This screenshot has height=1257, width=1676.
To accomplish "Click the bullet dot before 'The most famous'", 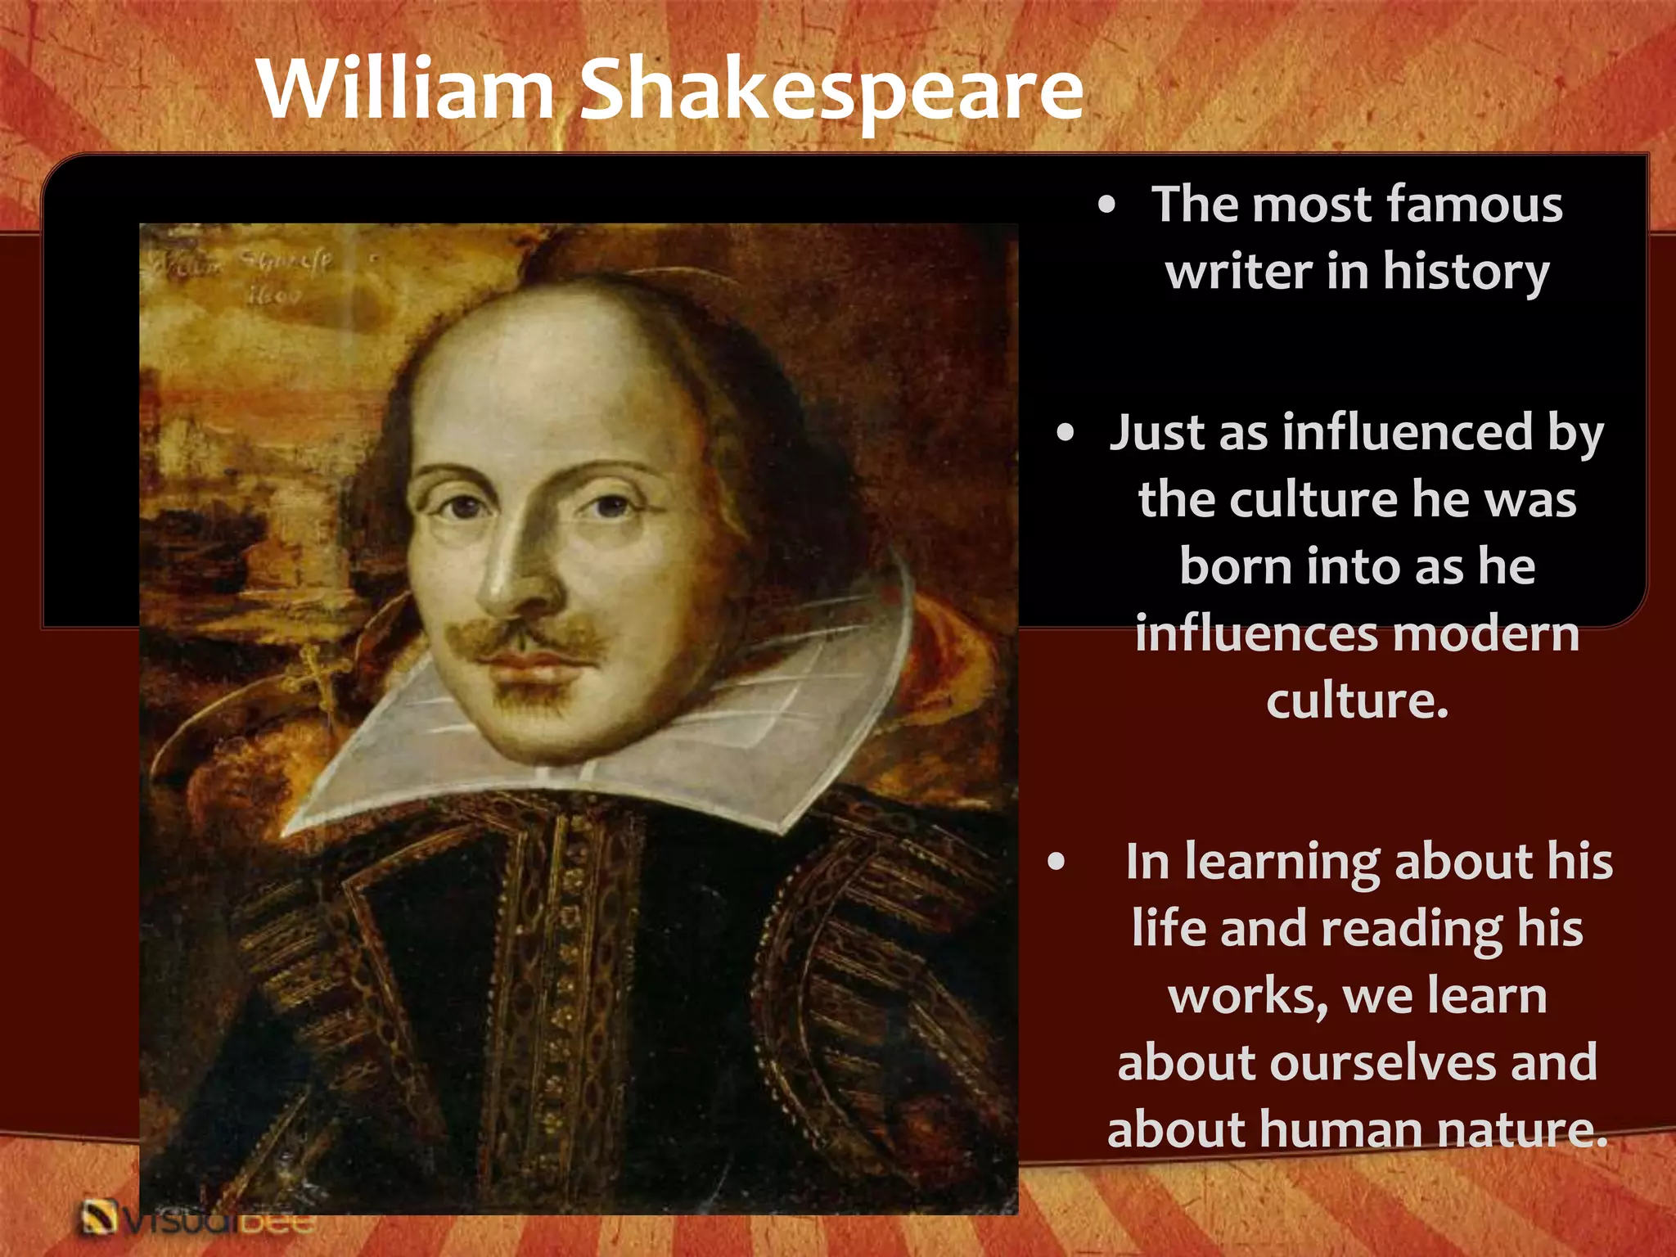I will click(1106, 205).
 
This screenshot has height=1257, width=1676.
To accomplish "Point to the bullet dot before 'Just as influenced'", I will click(1065, 433).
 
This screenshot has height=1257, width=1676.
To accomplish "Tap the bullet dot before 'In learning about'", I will click(1056, 862).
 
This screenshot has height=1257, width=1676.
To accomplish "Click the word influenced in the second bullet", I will click(1407, 432).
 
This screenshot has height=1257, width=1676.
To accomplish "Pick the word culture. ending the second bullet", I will click(1357, 701).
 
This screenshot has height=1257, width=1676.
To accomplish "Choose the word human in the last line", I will click(1343, 1130).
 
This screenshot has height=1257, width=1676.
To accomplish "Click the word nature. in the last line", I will click(1522, 1130).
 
